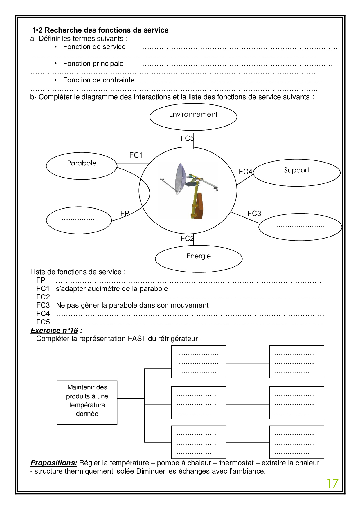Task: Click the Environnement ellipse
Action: click(193, 117)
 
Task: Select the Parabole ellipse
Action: click(82, 165)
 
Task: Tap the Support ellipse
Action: click(296, 172)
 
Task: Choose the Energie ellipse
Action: click(199, 258)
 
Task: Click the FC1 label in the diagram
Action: click(136, 155)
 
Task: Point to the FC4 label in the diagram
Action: click(245, 172)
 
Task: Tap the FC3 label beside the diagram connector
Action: click(254, 214)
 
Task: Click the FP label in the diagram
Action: click(125, 214)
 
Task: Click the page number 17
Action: click(332, 484)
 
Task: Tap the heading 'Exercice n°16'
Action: click(54, 331)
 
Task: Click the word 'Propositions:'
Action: click(54, 463)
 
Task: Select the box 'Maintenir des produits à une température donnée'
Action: click(87, 402)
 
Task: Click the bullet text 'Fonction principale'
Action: click(93, 64)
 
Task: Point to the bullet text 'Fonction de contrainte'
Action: click(99, 80)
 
